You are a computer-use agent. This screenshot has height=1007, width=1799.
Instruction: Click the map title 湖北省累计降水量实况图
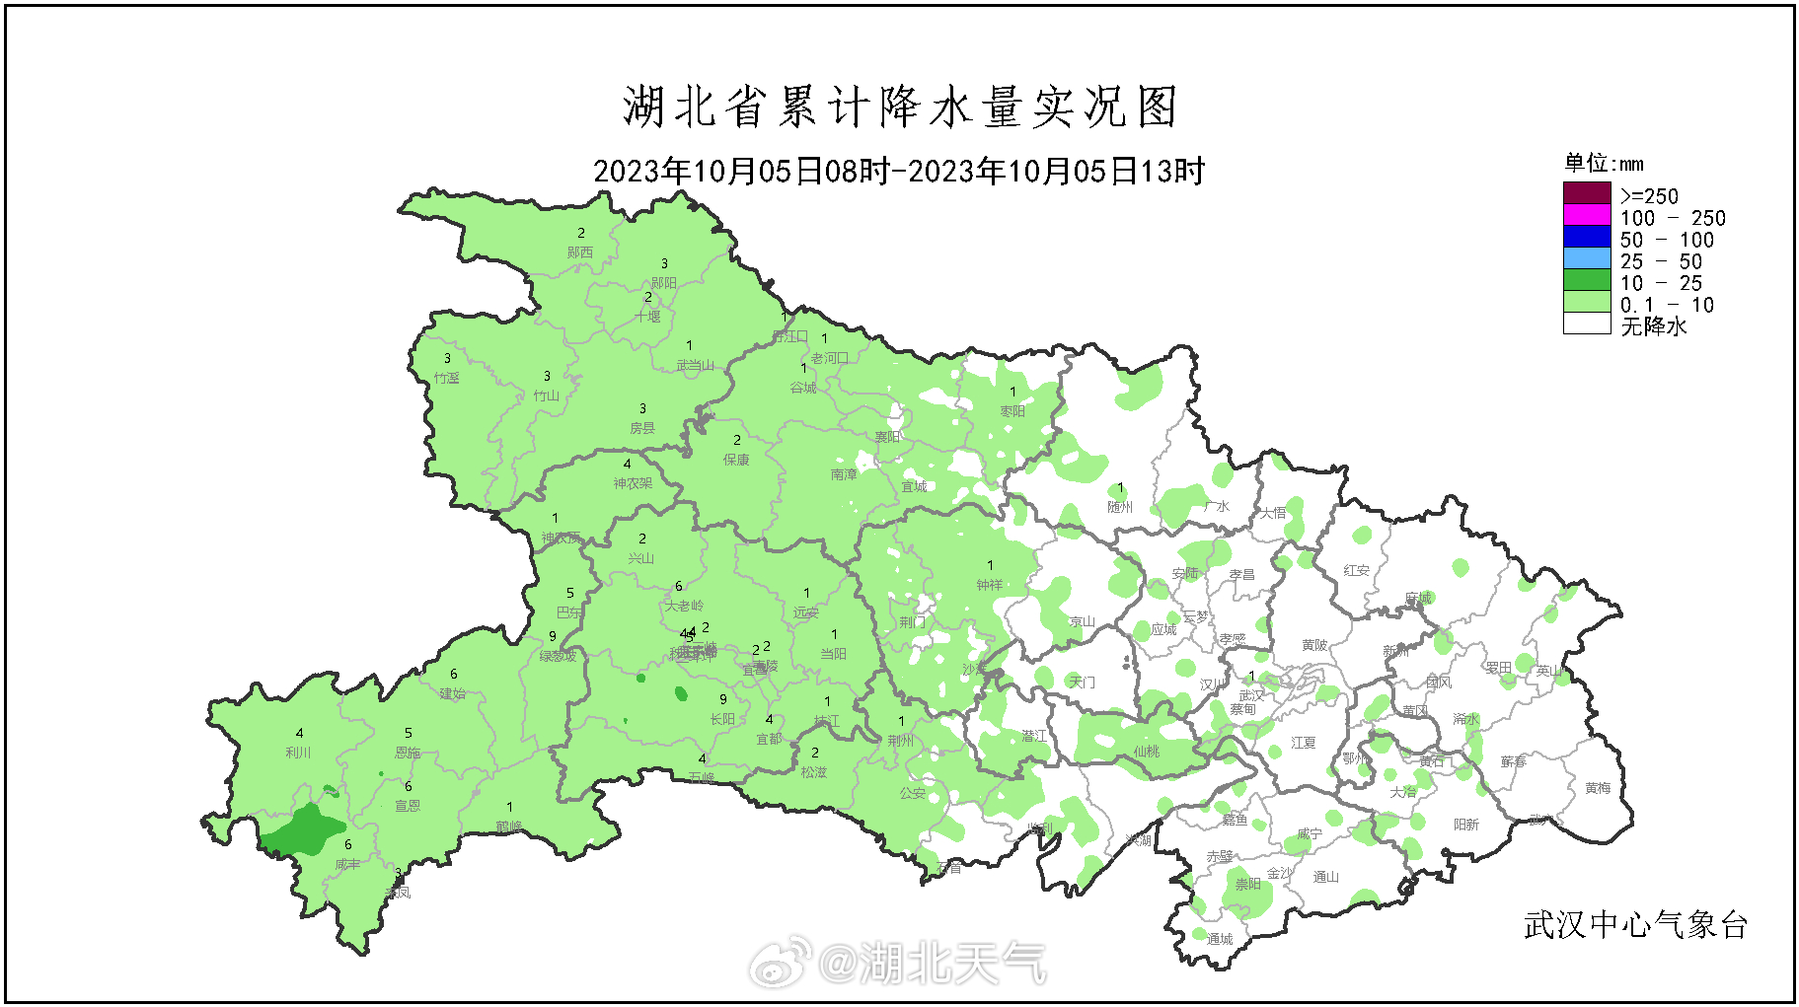[899, 107]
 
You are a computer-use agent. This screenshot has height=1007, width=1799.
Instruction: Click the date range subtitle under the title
[899, 172]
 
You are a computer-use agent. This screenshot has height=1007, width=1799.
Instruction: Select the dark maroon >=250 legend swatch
[1586, 193]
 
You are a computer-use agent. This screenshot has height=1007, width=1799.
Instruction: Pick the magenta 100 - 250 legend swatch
[1586, 215]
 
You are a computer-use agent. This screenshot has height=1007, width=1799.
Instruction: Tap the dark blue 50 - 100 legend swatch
[1586, 237]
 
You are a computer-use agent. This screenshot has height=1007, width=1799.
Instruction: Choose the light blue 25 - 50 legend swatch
[1586, 258]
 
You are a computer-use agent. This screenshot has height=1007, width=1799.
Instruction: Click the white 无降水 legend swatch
[1586, 324]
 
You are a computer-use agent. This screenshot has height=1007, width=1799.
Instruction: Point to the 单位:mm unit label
[1604, 163]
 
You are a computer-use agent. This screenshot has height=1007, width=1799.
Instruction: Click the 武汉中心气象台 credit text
[1635, 925]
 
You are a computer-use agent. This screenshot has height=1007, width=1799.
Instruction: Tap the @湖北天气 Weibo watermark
[899, 962]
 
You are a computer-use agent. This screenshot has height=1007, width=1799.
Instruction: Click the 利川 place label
[298, 753]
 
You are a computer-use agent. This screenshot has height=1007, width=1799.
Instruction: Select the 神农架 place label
[633, 483]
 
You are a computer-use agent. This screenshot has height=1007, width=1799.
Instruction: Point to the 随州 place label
[1120, 507]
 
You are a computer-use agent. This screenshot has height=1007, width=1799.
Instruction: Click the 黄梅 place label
[1598, 788]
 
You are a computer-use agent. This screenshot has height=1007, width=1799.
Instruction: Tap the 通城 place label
[1220, 939]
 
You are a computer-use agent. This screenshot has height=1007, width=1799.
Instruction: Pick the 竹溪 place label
[446, 378]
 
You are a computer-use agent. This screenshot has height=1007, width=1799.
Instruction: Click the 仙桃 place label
[1146, 752]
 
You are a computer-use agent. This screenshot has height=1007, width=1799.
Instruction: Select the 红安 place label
[1356, 570]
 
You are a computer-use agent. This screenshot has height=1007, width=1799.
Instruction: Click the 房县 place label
[642, 428]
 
